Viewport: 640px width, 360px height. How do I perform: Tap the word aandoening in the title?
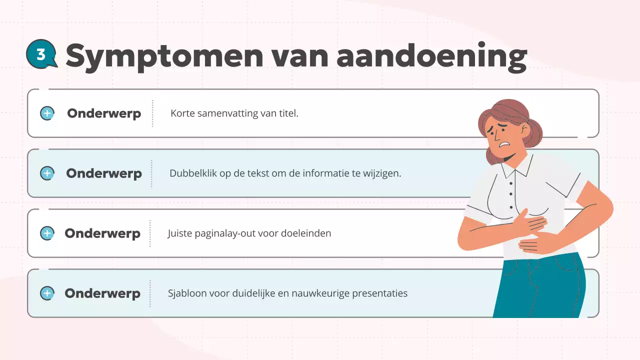click(x=431, y=56)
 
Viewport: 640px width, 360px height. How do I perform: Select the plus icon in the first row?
click(x=47, y=113)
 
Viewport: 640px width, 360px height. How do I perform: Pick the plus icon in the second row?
click(x=47, y=173)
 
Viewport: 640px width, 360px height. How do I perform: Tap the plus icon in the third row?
click(x=47, y=233)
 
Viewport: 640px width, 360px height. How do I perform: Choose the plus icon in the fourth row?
click(x=47, y=293)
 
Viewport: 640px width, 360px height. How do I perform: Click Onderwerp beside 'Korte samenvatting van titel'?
click(x=104, y=113)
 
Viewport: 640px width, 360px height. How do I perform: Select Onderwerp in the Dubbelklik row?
click(x=104, y=173)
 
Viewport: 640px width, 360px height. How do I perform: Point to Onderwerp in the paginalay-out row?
click(x=102, y=233)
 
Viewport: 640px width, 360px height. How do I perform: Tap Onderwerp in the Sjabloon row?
click(x=102, y=293)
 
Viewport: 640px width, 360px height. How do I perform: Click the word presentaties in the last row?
click(x=380, y=293)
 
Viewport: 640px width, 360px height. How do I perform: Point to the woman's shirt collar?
click(x=515, y=170)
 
